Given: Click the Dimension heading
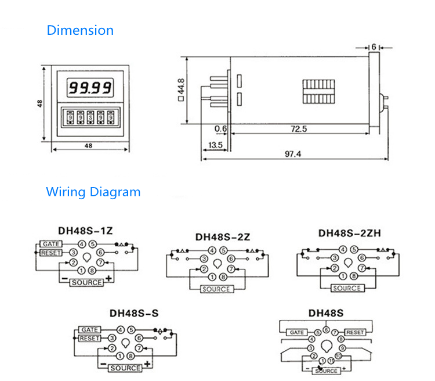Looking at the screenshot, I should click(80, 30).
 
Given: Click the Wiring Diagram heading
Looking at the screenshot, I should click(93, 191).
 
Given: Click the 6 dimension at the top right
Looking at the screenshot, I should click(374, 46).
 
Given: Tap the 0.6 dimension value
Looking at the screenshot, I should click(220, 128).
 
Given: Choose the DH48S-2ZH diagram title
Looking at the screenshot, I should click(349, 233).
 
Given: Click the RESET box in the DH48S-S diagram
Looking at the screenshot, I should click(89, 338).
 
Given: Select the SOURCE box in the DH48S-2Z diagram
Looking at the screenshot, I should click(217, 289).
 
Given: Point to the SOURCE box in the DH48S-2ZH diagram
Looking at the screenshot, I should click(347, 288).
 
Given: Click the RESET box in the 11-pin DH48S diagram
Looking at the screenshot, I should click(355, 332).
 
